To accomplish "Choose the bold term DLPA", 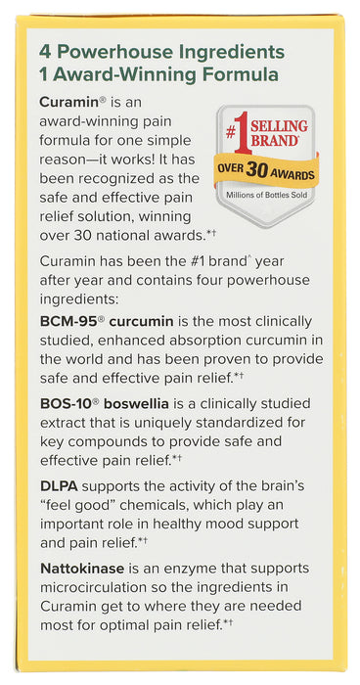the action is click(60, 486).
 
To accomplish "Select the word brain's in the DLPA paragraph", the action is click(285, 486).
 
